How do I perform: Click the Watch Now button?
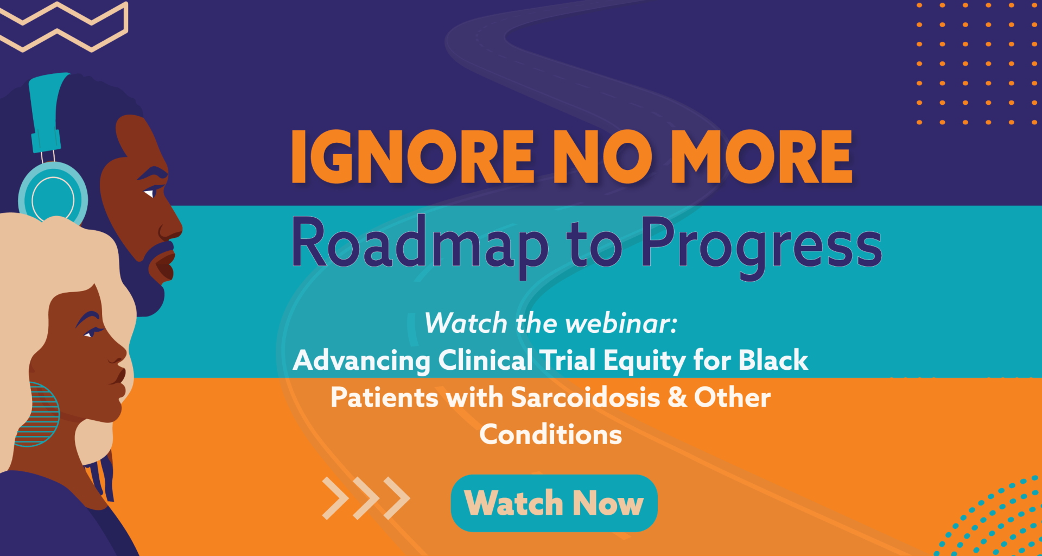(554, 503)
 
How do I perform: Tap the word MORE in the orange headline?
(761, 157)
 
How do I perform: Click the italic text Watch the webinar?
(551, 323)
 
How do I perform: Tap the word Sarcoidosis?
(586, 397)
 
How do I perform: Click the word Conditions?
(551, 435)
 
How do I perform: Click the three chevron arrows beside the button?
(366, 498)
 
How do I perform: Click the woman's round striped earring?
(38, 414)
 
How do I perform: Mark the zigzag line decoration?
(63, 27)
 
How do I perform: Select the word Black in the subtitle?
(773, 360)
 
